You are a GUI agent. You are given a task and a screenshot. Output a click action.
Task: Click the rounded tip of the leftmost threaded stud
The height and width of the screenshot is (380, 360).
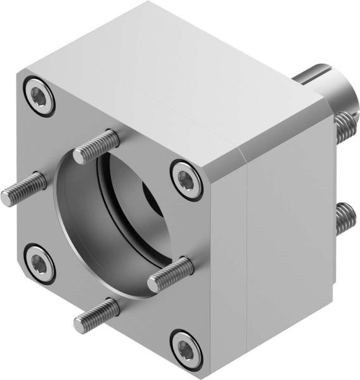[x=6, y=198]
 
